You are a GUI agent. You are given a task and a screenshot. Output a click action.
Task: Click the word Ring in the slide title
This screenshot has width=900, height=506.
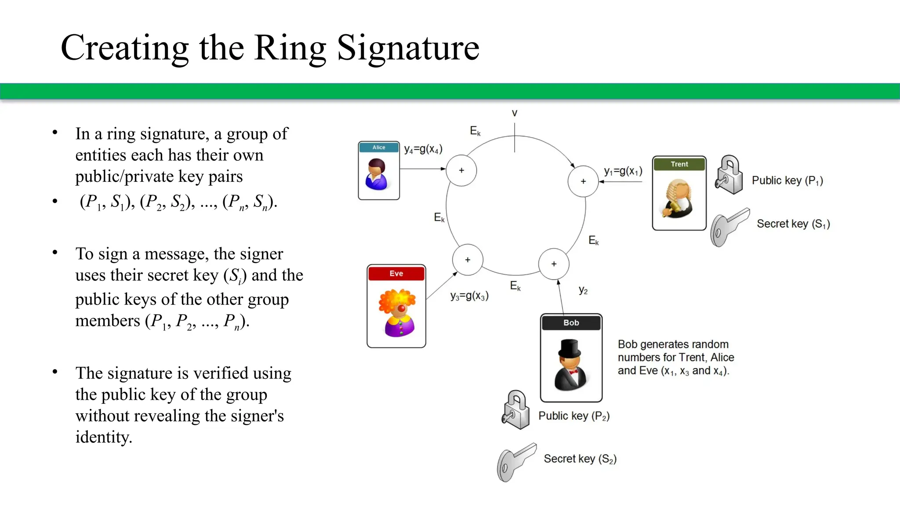pyautogui.click(x=290, y=48)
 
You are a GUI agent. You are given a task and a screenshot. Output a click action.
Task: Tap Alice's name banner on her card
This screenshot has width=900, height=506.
pyautogui.click(x=379, y=147)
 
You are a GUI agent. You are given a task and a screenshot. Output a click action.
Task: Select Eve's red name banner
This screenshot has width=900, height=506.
pyautogui.click(x=396, y=273)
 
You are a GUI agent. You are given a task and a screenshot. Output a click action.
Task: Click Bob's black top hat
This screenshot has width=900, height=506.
pyautogui.click(x=570, y=348)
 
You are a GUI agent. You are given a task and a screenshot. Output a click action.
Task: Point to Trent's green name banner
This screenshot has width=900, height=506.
pyautogui.click(x=679, y=164)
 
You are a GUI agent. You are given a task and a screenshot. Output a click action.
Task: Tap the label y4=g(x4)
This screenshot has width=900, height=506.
pyautogui.click(x=423, y=149)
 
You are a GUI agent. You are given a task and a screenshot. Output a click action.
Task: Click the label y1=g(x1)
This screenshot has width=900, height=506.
pyautogui.click(x=623, y=171)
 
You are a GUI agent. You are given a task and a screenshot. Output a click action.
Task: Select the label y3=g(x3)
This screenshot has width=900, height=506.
pyautogui.click(x=469, y=296)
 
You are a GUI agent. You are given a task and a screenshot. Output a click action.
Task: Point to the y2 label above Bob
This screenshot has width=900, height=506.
pyautogui.click(x=583, y=290)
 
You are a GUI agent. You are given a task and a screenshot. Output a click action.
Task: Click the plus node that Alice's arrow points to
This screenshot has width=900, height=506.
pyautogui.click(x=461, y=170)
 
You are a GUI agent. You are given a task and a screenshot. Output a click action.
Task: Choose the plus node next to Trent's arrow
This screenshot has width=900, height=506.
pyautogui.click(x=583, y=181)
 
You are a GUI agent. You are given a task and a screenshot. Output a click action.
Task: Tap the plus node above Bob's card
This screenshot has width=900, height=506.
pyautogui.click(x=554, y=264)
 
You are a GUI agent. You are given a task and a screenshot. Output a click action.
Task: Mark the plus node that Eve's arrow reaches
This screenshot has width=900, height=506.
pyautogui.click(x=468, y=260)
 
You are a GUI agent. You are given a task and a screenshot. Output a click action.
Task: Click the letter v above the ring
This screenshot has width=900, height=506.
pyautogui.click(x=515, y=113)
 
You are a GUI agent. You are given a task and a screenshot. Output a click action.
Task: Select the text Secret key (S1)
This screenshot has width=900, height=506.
pyautogui.click(x=793, y=224)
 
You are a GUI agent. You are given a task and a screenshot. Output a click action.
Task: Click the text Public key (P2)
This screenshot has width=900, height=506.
pyautogui.click(x=574, y=416)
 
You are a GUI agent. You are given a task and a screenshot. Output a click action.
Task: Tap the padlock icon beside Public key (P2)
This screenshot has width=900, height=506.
pyautogui.click(x=516, y=410)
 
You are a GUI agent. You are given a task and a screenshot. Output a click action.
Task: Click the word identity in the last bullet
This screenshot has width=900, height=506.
pyautogui.click(x=104, y=437)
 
